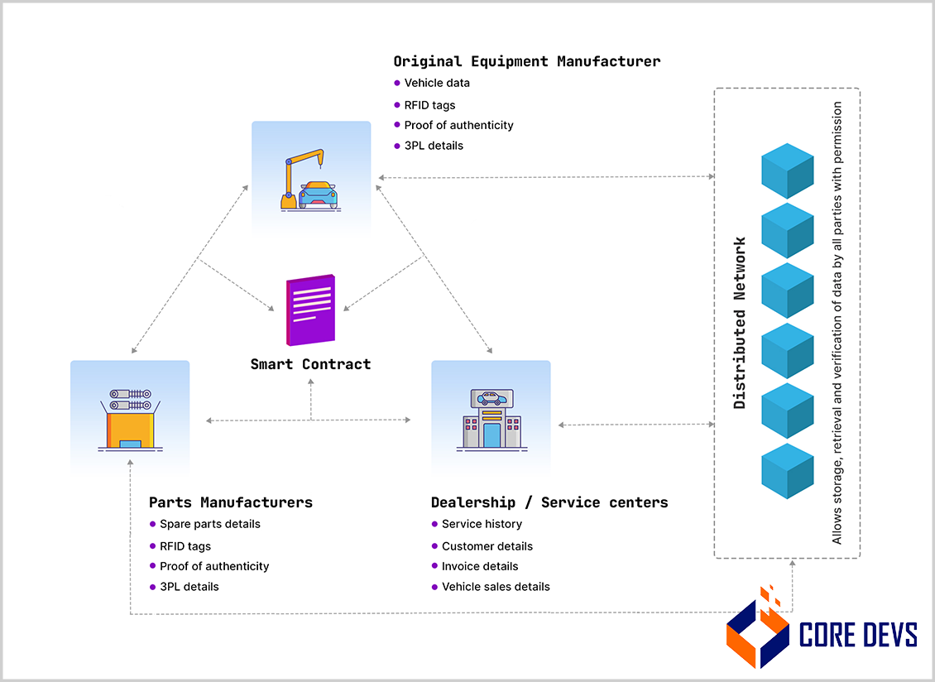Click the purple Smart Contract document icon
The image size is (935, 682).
click(311, 310)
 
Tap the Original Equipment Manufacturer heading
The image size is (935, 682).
click(526, 61)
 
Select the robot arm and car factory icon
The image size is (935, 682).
click(311, 180)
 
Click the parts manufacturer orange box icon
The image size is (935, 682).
click(130, 420)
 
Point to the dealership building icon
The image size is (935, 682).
click(491, 420)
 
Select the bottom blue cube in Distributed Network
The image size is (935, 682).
click(787, 470)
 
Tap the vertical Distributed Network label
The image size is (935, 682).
click(741, 323)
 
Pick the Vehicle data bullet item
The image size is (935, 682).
click(437, 83)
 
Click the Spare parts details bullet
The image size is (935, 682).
click(209, 524)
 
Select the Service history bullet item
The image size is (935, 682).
click(482, 524)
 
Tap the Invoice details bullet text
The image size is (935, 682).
click(480, 566)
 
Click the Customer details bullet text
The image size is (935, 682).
click(487, 546)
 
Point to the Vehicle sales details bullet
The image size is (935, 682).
click(496, 587)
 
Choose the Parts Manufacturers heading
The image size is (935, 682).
click(231, 502)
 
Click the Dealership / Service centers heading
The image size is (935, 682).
click(549, 502)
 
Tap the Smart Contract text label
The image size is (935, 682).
click(311, 364)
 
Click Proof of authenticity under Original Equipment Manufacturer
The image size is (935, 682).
click(458, 125)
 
